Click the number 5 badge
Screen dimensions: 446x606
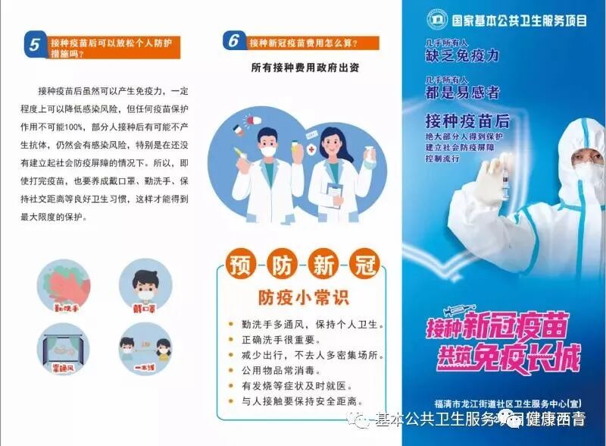pyautogui.click(x=35, y=45)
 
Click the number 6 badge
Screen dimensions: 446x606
pyautogui.click(x=235, y=40)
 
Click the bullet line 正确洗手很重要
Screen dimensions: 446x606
pyautogui.click(x=282, y=340)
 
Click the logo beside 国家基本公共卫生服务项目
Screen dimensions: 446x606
pyautogui.click(x=437, y=18)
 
